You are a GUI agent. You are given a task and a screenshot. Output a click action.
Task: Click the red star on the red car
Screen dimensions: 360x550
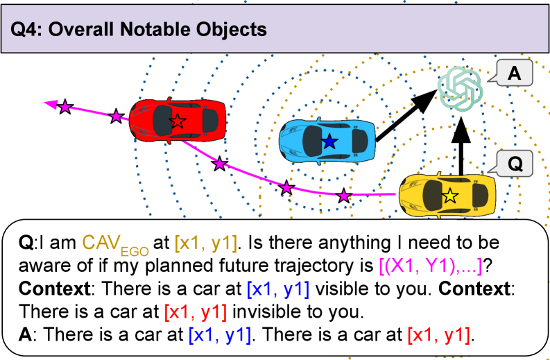click(178, 121)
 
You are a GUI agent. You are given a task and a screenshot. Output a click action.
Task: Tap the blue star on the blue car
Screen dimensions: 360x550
click(329, 142)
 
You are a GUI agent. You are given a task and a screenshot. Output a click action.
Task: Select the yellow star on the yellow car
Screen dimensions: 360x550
click(450, 196)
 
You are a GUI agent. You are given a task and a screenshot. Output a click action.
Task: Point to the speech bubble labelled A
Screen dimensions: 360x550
click(514, 73)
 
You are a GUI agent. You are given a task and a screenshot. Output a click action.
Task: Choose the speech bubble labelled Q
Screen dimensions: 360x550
click(514, 165)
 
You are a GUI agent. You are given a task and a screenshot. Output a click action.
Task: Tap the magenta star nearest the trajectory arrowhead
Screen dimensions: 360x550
click(65, 107)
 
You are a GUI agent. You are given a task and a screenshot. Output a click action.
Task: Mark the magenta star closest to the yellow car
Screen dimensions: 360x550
click(343, 196)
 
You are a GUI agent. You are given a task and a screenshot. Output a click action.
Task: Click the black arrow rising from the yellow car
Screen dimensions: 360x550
click(457, 146)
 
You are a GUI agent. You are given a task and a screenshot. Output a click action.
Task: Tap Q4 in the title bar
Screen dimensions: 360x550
click(26, 30)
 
